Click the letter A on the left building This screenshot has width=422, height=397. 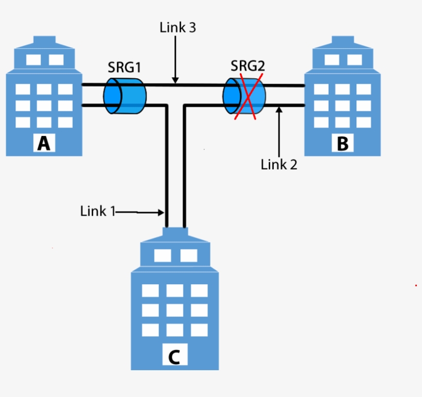pyautogui.click(x=44, y=143)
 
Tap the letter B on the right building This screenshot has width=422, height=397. pyautogui.click(x=342, y=144)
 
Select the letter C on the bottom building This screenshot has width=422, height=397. pyautogui.click(x=174, y=356)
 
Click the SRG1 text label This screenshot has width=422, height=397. pyautogui.click(x=124, y=67)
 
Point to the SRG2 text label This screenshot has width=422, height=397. pyautogui.click(x=248, y=66)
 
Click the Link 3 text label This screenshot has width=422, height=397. pyautogui.click(x=178, y=28)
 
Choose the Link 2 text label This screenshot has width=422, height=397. pyautogui.click(x=279, y=165)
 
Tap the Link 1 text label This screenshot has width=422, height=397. pyautogui.click(x=98, y=211)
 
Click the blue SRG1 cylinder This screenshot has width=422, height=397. pyautogui.click(x=125, y=96)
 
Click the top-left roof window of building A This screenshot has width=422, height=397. pyautogui.click(x=33, y=60)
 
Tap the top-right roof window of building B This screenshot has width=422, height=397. pyautogui.click(x=355, y=60)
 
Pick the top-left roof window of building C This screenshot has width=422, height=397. pyautogui.click(x=163, y=256)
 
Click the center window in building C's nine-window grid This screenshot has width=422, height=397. pyautogui.click(x=174, y=310)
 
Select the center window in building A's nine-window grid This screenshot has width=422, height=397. pyautogui.click(x=44, y=106)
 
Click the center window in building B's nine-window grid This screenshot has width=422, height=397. pyautogui.click(x=342, y=106)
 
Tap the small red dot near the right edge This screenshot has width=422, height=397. pyautogui.click(x=416, y=285)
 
